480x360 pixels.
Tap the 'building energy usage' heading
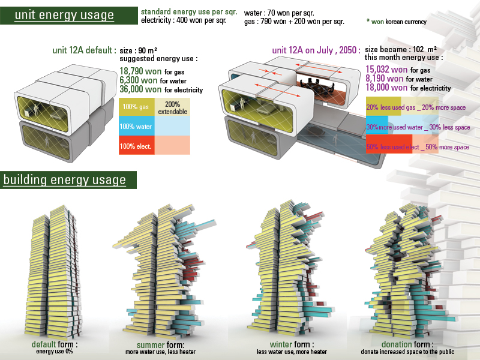pyautogui.click(x=65, y=180)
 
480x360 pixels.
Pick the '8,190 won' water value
pyautogui.click(x=384, y=79)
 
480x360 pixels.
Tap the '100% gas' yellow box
pyautogui.click(x=136, y=107)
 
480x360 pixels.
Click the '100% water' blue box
pyautogui.click(x=136, y=127)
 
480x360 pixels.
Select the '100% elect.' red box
pyautogui.click(x=136, y=146)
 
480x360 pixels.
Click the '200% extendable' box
pyautogui.click(x=172, y=108)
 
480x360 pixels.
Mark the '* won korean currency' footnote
pyautogui.click(x=396, y=22)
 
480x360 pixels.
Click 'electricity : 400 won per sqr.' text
pyautogui.click(x=184, y=22)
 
